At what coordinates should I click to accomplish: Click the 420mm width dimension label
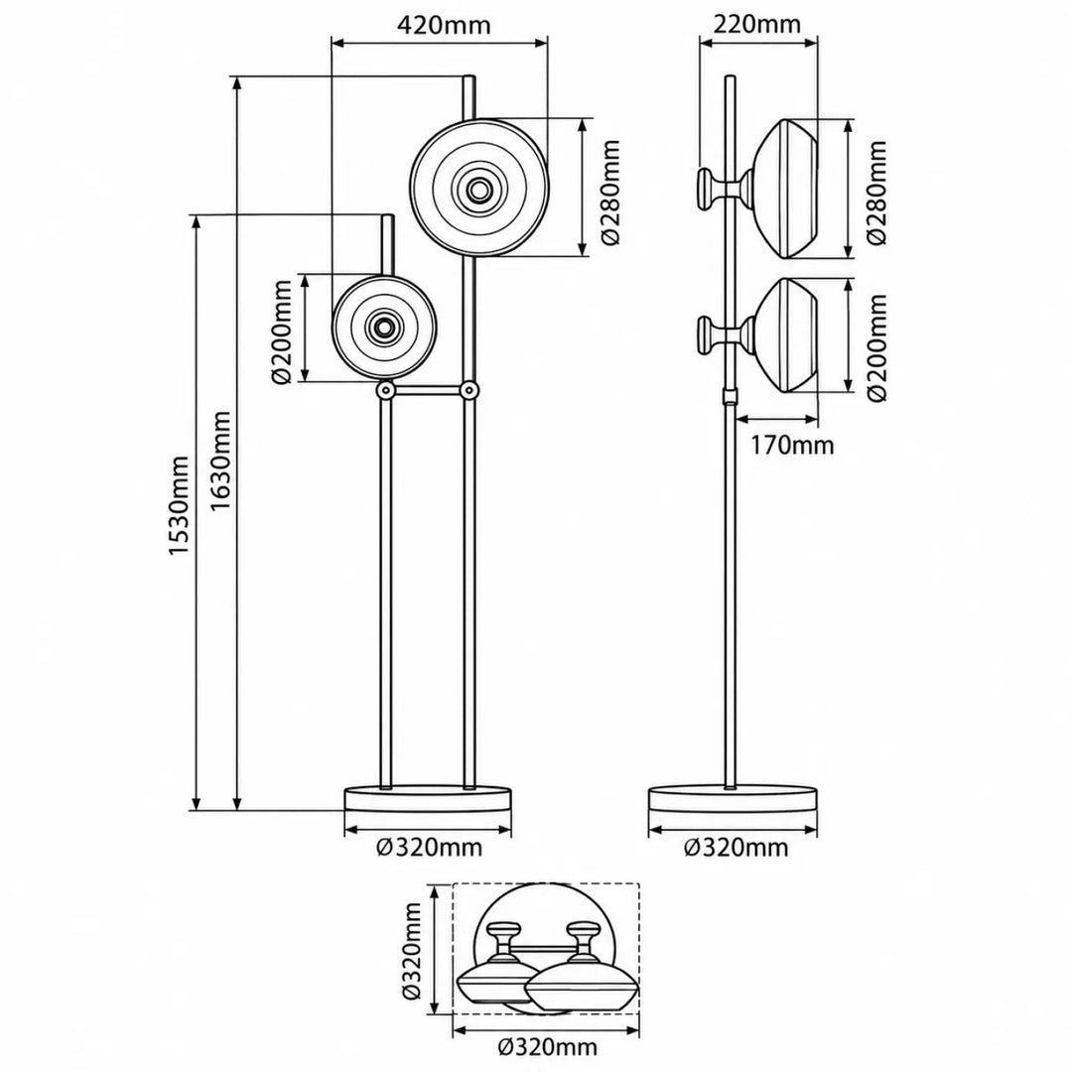pos(444,25)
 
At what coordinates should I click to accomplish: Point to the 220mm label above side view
pos(756,25)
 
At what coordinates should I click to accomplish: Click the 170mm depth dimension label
pos(793,446)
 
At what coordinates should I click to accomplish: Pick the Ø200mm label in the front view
pos(281,333)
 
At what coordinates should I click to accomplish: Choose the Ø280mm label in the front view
pos(608,193)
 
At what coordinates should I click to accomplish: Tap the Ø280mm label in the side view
pos(875,193)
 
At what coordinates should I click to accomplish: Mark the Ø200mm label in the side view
pos(875,347)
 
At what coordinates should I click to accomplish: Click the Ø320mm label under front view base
pos(430,849)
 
